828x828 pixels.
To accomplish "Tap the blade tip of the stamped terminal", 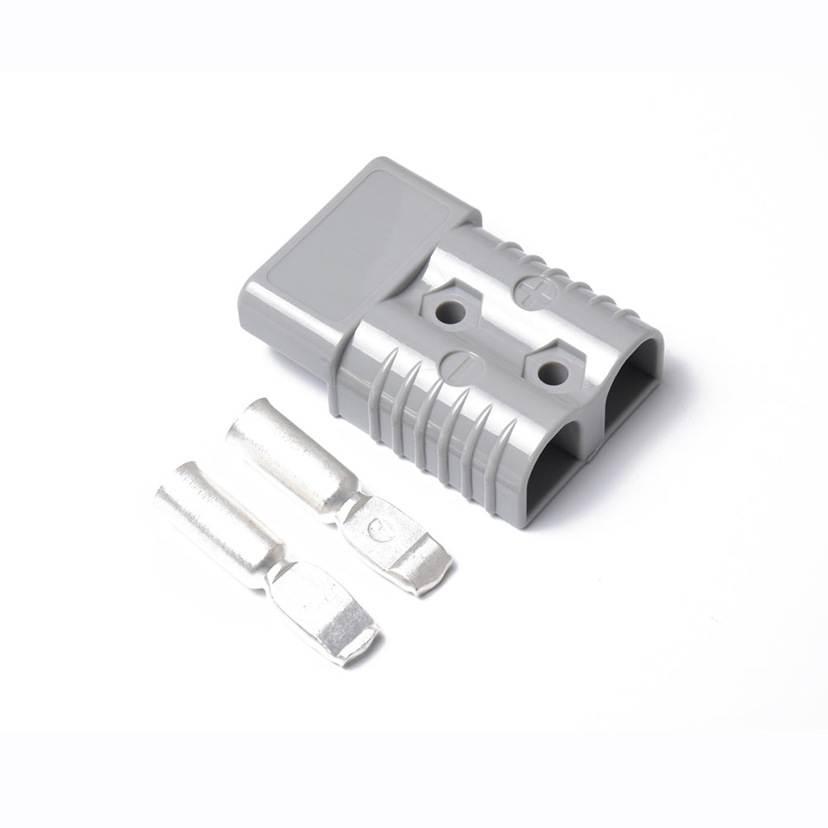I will pos(430,574).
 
